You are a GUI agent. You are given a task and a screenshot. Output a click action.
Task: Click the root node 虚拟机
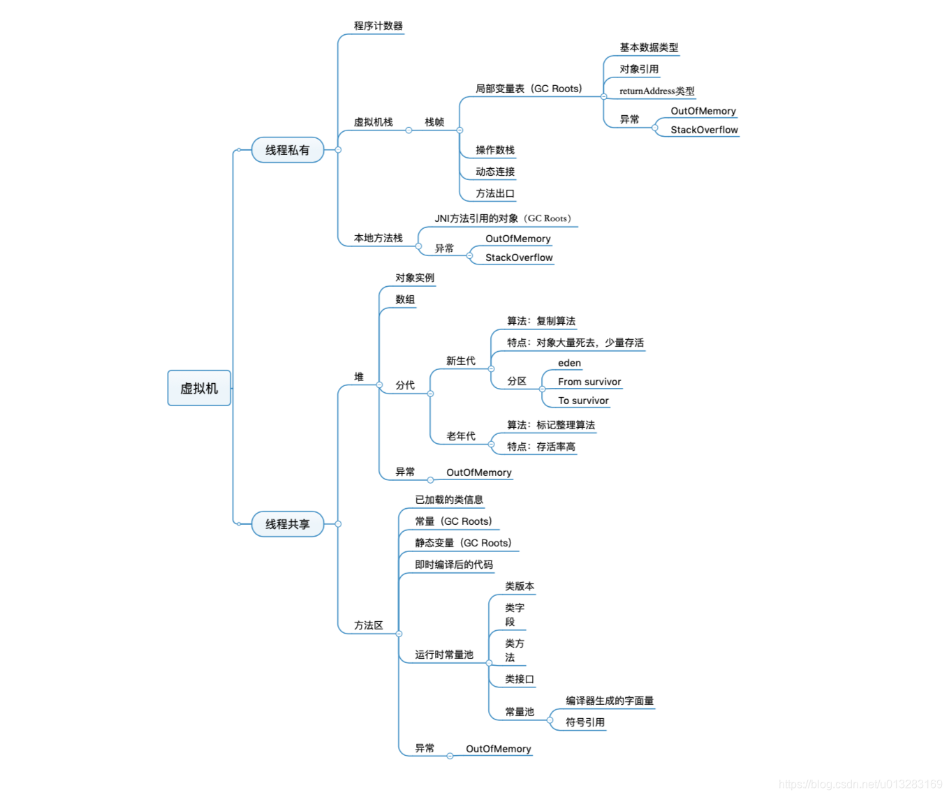(199, 388)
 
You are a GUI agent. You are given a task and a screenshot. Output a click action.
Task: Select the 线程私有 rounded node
(287, 150)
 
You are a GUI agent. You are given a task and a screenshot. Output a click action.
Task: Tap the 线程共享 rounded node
(287, 524)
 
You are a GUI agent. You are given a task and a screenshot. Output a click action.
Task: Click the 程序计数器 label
(378, 26)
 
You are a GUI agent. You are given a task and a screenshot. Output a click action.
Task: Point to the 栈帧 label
(434, 122)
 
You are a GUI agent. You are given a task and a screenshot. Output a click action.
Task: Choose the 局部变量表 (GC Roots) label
(529, 89)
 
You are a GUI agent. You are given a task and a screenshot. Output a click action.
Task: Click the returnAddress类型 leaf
(656, 91)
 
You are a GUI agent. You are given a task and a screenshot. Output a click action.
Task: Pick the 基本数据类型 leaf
(649, 47)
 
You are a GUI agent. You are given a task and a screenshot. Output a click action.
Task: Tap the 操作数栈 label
(495, 150)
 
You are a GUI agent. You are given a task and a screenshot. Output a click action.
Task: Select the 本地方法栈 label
(378, 238)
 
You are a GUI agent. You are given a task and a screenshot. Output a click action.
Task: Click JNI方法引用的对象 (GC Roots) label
(503, 218)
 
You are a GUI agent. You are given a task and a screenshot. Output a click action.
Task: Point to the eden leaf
(569, 363)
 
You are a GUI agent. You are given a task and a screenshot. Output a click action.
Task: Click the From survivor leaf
(589, 382)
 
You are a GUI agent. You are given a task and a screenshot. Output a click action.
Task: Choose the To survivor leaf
(583, 401)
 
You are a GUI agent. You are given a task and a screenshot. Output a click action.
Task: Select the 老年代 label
(461, 436)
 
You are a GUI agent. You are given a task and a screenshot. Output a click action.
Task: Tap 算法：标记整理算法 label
(551, 425)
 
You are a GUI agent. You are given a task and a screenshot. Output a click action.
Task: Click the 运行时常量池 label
(444, 655)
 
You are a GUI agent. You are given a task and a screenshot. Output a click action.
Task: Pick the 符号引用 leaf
(585, 722)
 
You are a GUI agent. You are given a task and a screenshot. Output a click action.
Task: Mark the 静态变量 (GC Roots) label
(463, 543)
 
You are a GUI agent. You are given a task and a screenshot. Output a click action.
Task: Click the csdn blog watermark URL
(860, 784)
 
